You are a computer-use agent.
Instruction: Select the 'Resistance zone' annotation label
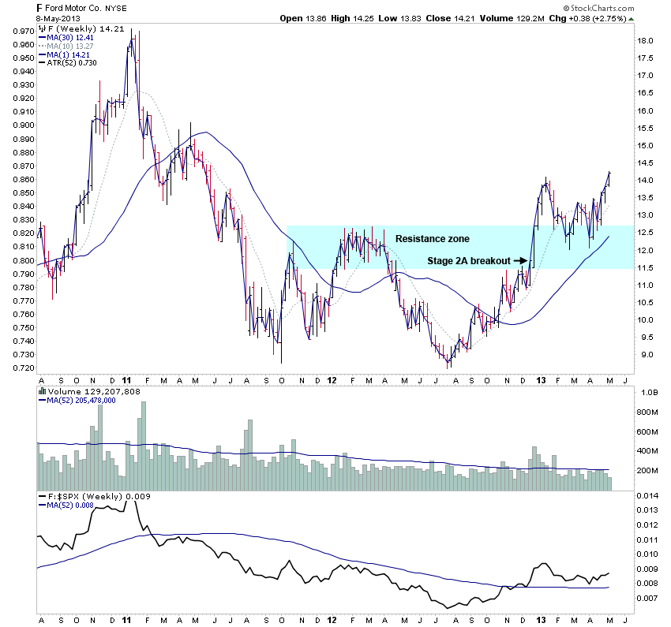[432, 238]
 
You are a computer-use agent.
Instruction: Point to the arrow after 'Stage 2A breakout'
[522, 259]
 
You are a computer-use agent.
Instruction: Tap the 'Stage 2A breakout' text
[469, 259]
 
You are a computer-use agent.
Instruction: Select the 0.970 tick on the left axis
[22, 31]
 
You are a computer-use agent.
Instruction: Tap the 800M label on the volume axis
[647, 412]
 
